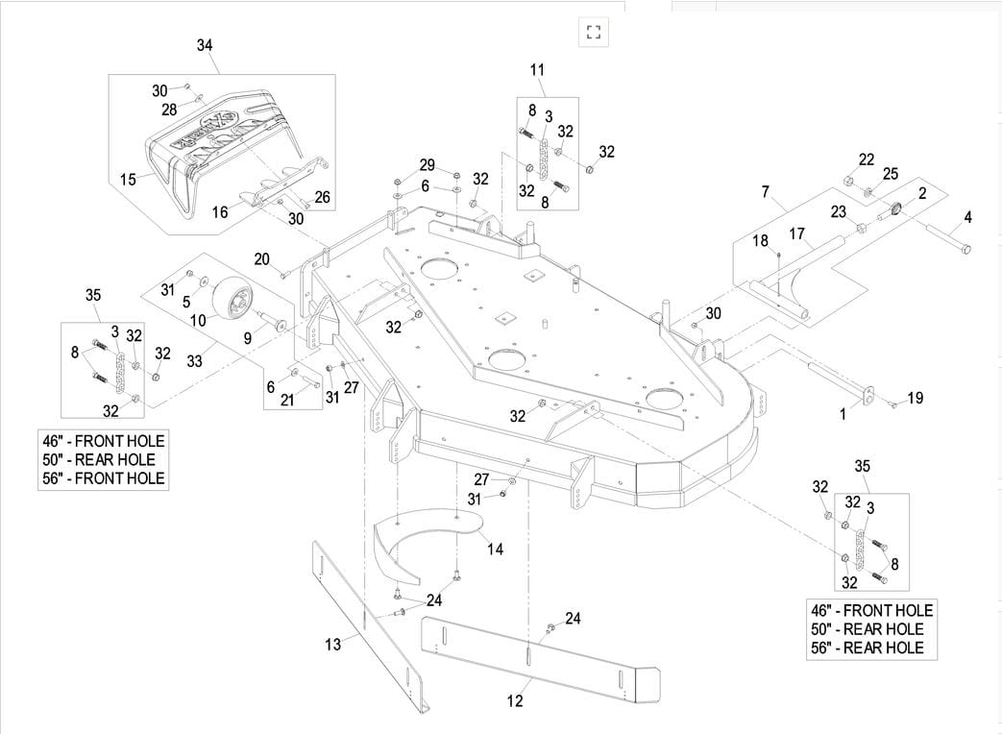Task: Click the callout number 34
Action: click(205, 45)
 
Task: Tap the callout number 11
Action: click(537, 69)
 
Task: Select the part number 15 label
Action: click(128, 180)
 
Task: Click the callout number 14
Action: click(495, 549)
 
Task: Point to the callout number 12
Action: click(515, 700)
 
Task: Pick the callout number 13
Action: click(332, 645)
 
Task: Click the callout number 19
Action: click(915, 398)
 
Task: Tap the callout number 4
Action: click(967, 218)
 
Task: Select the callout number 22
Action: click(866, 159)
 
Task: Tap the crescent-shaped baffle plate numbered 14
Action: click(423, 538)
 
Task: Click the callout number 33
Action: click(195, 361)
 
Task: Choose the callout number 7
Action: click(765, 192)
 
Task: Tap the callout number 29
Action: click(427, 165)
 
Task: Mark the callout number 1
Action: click(843, 415)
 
